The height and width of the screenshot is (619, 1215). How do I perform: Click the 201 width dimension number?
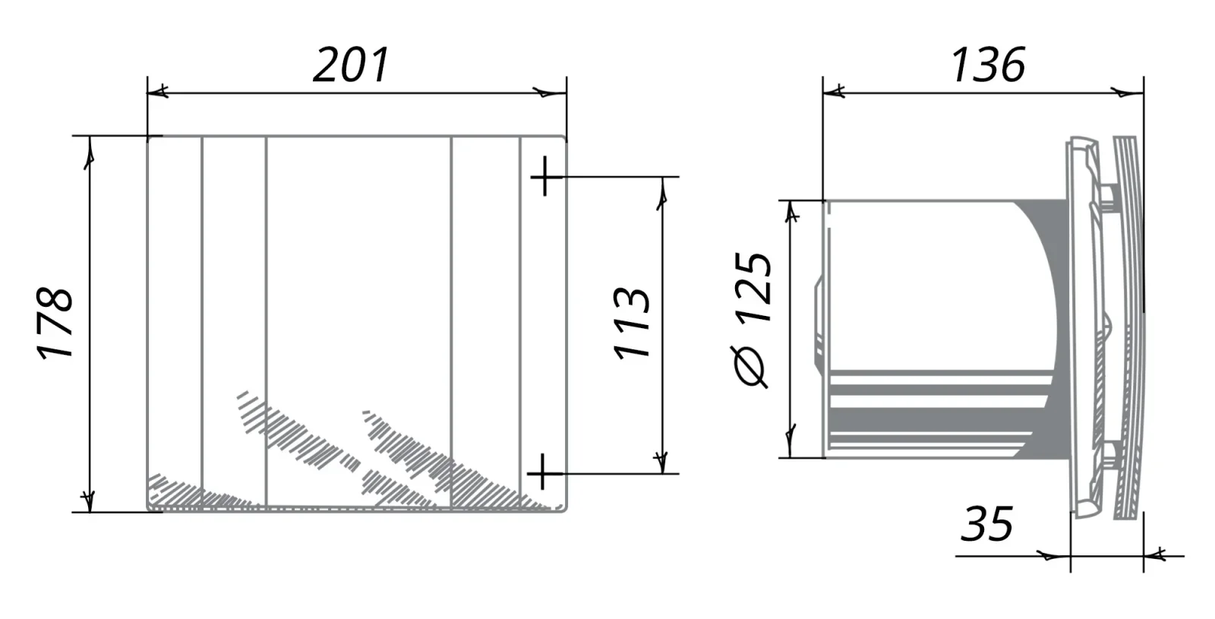351,65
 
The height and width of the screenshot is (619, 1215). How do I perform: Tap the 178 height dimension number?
55,324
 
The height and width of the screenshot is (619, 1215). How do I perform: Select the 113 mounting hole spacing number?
631,323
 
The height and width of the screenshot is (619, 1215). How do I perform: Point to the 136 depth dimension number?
988,65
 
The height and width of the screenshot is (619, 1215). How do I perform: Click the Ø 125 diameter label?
752,320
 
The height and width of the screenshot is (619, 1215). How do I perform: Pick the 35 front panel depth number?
986,524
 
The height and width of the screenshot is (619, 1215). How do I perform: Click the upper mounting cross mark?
546,176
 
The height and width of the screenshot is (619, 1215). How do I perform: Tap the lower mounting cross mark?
543,474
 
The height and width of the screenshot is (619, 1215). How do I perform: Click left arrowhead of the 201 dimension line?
158,92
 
